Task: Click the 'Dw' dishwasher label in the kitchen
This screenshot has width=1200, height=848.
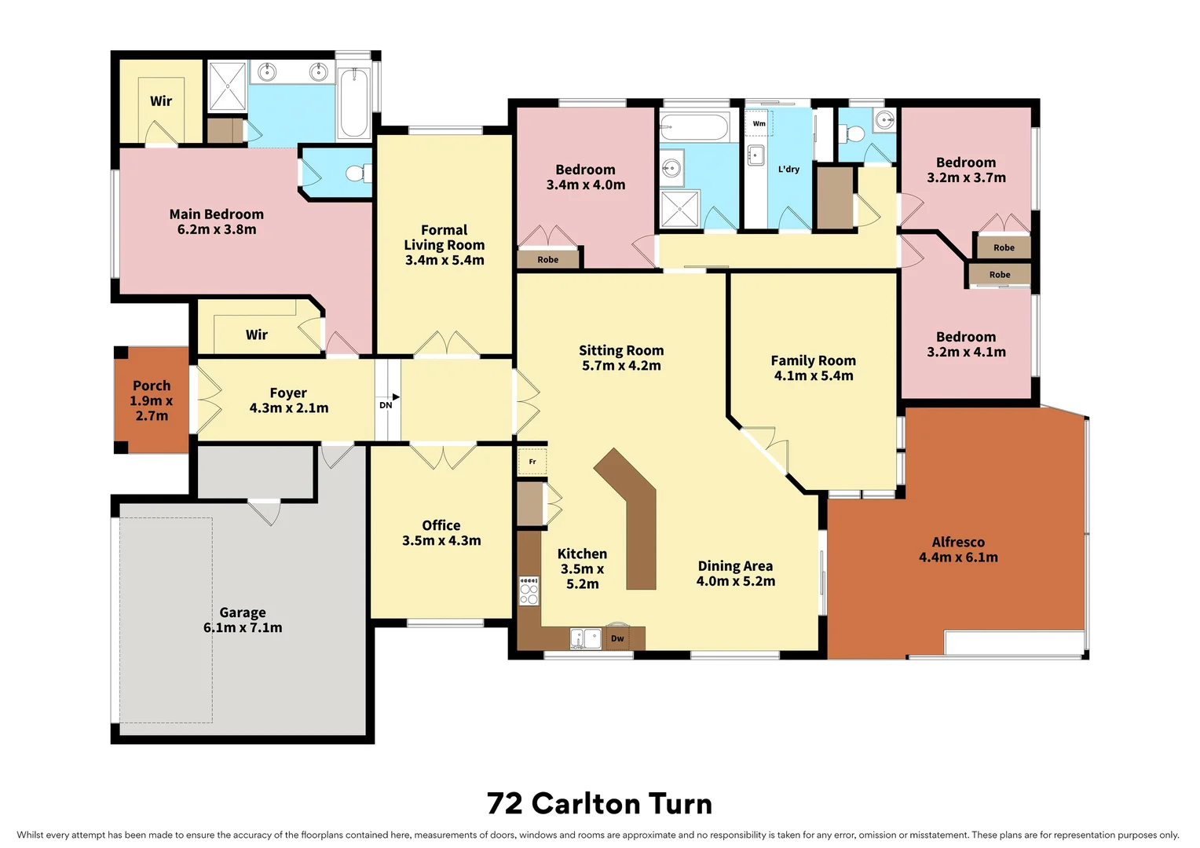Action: click(x=617, y=638)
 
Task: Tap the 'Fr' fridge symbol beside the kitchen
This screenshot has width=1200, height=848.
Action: click(x=532, y=462)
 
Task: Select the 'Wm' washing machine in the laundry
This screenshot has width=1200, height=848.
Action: click(x=759, y=123)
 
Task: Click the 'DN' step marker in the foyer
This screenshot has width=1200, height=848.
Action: click(x=386, y=404)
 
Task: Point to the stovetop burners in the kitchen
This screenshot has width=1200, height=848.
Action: click(x=529, y=590)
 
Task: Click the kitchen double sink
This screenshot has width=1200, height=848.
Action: click(x=585, y=638)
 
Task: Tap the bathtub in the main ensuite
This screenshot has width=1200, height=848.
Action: click(x=353, y=103)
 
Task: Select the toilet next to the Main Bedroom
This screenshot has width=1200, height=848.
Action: click(x=357, y=172)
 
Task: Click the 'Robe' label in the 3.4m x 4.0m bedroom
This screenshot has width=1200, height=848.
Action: click(x=548, y=260)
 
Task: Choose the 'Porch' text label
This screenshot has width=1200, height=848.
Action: click(x=152, y=386)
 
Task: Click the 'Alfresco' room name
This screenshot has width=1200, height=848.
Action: click(x=958, y=542)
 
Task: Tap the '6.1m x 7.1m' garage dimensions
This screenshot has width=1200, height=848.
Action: click(x=243, y=627)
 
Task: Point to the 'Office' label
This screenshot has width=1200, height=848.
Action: click(x=441, y=525)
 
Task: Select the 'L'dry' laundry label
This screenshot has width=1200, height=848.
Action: click(x=788, y=169)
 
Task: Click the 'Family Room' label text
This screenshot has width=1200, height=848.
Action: click(x=813, y=360)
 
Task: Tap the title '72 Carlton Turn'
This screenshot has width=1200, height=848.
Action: click(x=599, y=803)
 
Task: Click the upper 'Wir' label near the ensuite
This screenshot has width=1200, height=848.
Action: click(x=161, y=101)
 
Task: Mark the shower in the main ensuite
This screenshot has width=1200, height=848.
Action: click(x=227, y=86)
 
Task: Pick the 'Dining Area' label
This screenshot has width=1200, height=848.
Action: click(x=735, y=566)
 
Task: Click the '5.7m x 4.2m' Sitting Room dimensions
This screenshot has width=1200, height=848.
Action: click(x=621, y=365)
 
